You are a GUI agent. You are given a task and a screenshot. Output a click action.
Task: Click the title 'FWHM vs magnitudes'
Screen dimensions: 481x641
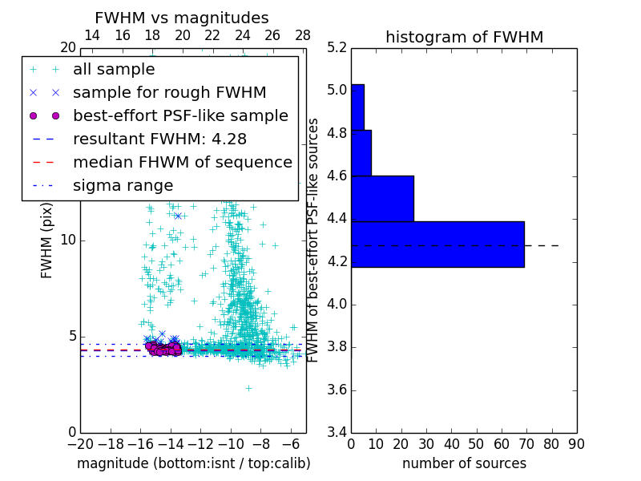point(182,18)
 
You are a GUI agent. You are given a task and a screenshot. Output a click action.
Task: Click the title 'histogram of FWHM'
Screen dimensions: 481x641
point(464,37)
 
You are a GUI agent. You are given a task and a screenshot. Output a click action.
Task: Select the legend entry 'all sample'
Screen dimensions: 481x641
point(114,70)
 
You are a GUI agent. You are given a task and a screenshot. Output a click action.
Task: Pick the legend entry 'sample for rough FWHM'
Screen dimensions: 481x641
point(169,92)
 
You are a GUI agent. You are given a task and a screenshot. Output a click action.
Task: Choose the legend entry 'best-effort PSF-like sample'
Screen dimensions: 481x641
point(180,115)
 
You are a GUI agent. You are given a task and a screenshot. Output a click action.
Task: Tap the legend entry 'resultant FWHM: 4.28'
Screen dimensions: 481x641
point(155,139)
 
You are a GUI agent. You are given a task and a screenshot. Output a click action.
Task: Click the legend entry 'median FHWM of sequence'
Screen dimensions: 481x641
point(182,162)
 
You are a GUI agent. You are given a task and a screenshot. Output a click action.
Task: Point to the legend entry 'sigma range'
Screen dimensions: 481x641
point(123,185)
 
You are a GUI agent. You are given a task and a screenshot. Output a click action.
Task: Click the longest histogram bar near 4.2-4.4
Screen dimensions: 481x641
point(437,244)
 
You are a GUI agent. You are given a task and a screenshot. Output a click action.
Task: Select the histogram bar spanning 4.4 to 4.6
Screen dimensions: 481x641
point(382,198)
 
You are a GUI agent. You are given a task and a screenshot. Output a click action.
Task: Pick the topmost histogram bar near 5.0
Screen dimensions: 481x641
point(357,107)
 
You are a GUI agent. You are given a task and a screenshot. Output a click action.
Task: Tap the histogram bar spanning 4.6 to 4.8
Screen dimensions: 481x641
point(361,152)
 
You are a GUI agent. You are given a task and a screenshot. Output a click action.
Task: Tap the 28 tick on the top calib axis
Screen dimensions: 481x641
point(303,35)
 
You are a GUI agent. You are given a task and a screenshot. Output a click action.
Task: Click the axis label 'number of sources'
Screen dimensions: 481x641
point(464,463)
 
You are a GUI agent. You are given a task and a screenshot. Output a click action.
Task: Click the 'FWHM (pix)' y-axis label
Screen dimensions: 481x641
point(47,240)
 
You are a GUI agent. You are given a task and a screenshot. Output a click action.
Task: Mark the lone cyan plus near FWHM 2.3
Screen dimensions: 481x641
point(248,388)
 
